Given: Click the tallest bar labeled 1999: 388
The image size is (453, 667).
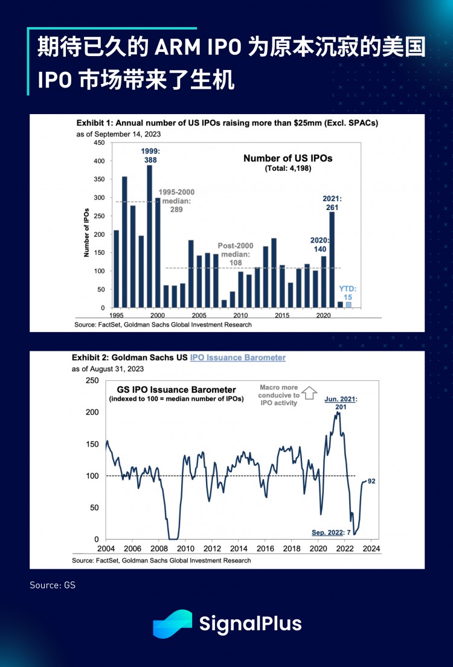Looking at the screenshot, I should pos(149,235).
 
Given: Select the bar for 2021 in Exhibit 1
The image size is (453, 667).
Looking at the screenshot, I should pos(332,259).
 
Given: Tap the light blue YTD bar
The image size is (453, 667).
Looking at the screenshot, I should pos(349,305).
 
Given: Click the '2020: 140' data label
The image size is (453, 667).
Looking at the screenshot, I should pos(320,243).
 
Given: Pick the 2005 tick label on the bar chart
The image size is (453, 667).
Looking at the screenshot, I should pos(199,315).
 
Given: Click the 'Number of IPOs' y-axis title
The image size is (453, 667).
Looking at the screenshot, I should pos(86,225).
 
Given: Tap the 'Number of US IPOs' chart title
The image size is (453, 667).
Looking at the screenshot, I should pos(288,158).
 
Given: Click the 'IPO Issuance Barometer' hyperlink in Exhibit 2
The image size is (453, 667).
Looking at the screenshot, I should pos(237,357).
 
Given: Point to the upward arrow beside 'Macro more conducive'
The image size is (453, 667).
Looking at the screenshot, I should pos(309,393).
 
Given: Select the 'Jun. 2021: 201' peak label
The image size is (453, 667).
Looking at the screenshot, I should pos(341,403).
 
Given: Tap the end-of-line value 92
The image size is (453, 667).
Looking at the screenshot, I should pos(372,481).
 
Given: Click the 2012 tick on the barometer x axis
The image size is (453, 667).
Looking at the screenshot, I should pos(212,549).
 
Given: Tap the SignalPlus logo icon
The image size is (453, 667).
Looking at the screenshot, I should pos(172,624).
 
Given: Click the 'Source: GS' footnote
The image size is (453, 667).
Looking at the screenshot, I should pos(53,585).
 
